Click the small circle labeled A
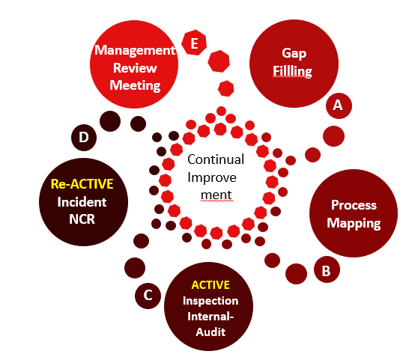[x=339, y=106]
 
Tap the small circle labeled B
[x=327, y=269]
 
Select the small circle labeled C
[x=148, y=296]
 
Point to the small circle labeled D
[x=84, y=138]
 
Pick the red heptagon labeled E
[x=194, y=43]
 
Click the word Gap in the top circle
[x=294, y=53]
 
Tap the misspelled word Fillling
[x=292, y=71]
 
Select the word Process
[x=354, y=205]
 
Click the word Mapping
[x=354, y=223]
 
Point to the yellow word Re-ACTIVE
[x=82, y=184]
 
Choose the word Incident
[x=82, y=202]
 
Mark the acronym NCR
[x=82, y=219]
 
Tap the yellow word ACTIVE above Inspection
[x=210, y=285]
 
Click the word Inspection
[x=210, y=301]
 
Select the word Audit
[x=210, y=332]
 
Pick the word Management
[x=135, y=50]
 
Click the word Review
[x=135, y=68]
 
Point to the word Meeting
[x=135, y=86]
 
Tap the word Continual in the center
[x=216, y=159]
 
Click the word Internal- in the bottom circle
[x=210, y=317]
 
